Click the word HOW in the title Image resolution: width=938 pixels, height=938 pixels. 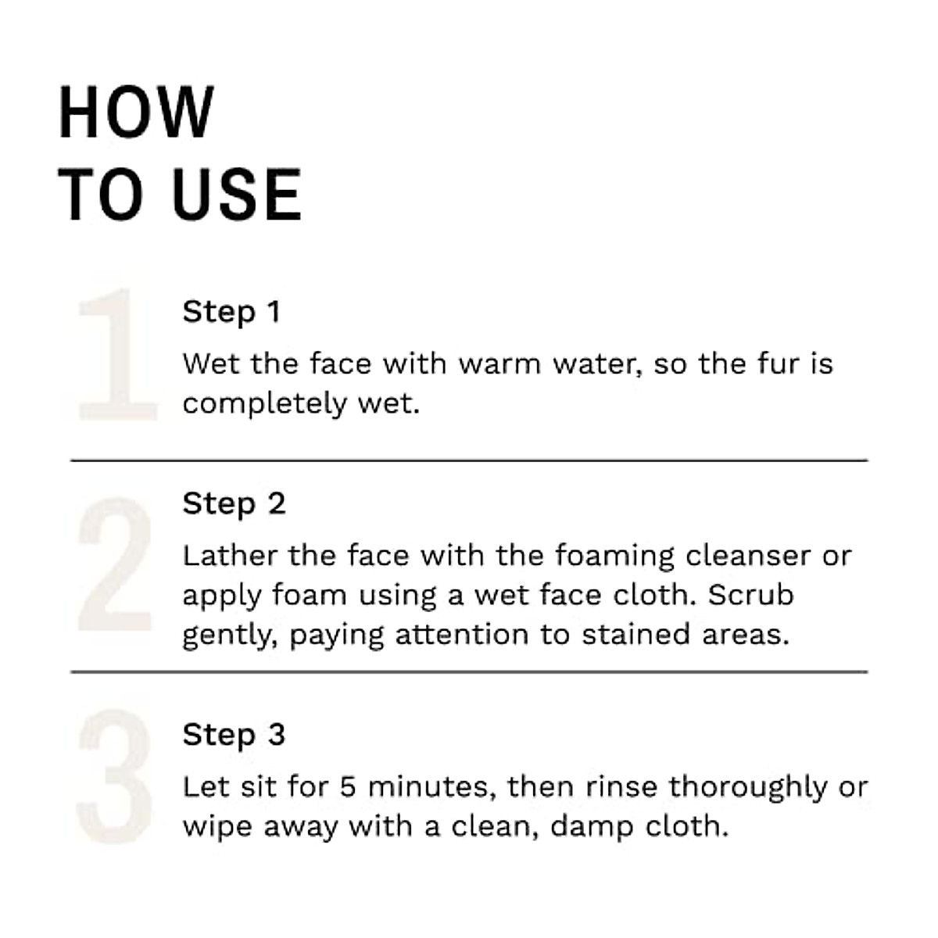click(x=136, y=113)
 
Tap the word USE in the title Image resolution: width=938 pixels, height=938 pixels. click(x=236, y=195)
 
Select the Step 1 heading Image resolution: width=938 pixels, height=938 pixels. click(x=231, y=312)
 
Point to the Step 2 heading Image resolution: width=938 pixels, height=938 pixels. click(x=234, y=504)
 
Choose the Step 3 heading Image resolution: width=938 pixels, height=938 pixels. click(x=234, y=736)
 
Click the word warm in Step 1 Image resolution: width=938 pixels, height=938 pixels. click(x=499, y=364)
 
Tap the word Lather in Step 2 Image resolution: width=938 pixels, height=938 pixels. click(x=230, y=556)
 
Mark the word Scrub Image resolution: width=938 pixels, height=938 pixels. click(x=750, y=595)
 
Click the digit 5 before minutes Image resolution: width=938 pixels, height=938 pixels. click(x=348, y=787)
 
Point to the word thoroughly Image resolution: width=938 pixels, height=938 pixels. click(x=748, y=787)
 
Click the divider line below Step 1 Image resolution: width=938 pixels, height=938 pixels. click(x=469, y=460)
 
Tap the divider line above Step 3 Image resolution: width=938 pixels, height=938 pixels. click(x=469, y=671)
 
